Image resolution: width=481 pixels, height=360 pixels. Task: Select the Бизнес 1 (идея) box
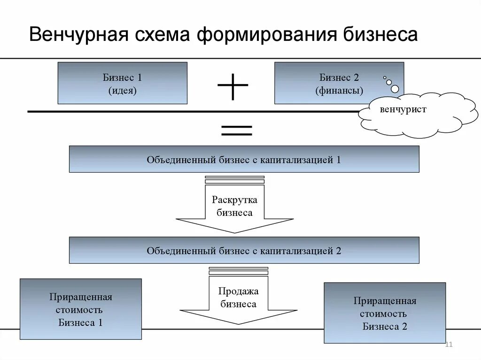(x=122, y=83)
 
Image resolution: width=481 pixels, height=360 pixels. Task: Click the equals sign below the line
(x=236, y=130)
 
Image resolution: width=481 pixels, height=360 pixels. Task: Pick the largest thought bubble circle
(x=395, y=89)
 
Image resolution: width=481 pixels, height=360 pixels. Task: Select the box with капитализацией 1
(x=244, y=159)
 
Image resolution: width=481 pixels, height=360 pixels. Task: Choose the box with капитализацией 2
(x=244, y=250)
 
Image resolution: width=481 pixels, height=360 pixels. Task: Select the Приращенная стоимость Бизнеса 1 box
(x=80, y=309)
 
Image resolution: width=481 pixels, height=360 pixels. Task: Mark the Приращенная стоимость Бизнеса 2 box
(x=385, y=313)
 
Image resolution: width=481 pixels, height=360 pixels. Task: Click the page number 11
(x=448, y=345)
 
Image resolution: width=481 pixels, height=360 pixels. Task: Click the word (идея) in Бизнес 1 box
(x=122, y=90)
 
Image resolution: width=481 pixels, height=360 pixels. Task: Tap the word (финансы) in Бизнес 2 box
(x=339, y=90)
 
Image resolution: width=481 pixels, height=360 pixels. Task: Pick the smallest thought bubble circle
(x=385, y=77)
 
